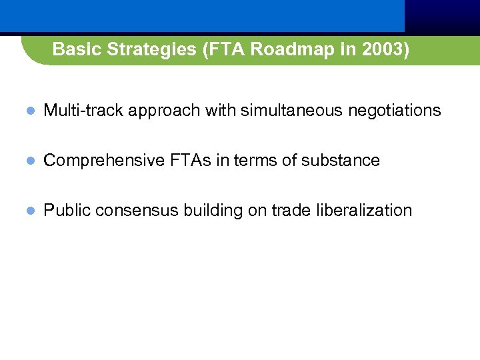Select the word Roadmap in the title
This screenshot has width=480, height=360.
point(273,49)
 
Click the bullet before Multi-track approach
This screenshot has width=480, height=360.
point(29,111)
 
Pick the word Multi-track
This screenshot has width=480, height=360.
point(83,110)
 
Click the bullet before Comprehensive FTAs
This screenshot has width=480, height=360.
point(29,161)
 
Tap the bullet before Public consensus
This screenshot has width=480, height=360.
point(29,211)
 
